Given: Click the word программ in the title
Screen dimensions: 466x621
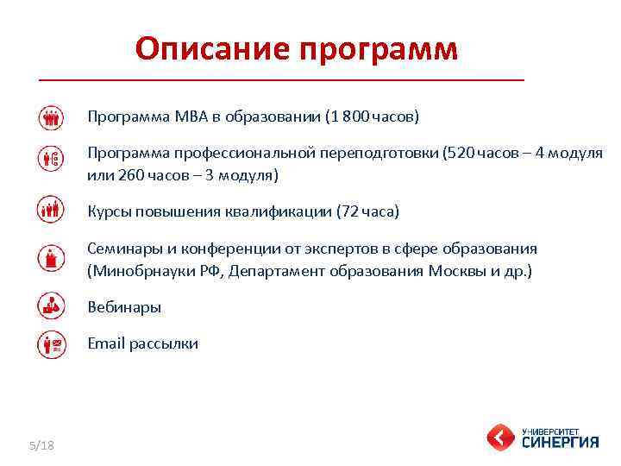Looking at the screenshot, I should [x=379, y=51].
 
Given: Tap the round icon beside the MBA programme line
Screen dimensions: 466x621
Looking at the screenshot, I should [x=52, y=116].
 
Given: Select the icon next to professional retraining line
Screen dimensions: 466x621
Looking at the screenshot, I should [x=52, y=159].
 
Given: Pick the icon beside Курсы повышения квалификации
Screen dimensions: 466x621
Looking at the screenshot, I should [x=52, y=210].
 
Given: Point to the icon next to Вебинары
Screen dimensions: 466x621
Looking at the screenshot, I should [x=52, y=305].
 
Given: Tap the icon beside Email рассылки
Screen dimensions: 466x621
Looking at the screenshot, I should [x=52, y=343].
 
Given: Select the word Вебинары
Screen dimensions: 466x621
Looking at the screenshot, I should [x=124, y=307].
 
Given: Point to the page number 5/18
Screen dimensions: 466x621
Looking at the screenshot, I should [x=41, y=444].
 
